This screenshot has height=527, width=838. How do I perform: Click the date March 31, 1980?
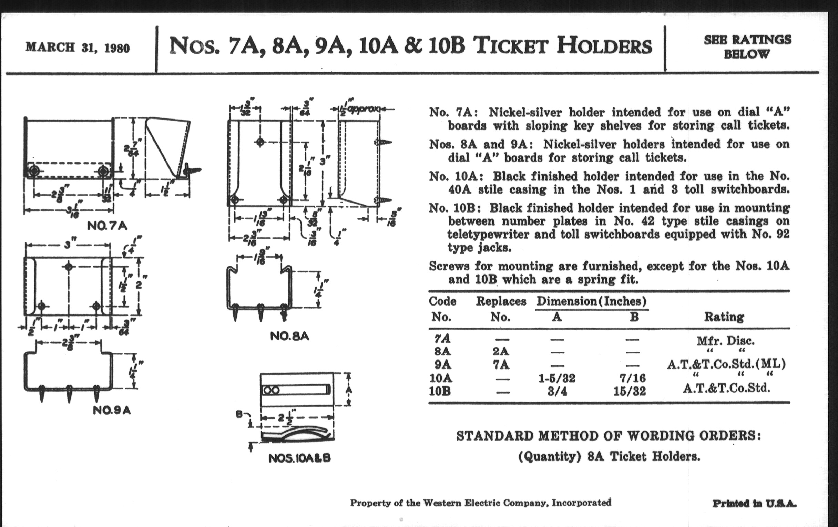click(x=78, y=48)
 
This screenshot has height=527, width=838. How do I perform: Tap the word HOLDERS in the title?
click(x=604, y=46)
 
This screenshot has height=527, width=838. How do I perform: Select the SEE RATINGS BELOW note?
click(x=747, y=47)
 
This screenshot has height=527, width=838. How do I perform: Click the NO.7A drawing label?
click(x=107, y=226)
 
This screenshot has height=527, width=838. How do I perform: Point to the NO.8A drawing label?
click(x=289, y=336)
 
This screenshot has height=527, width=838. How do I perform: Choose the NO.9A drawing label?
click(x=112, y=411)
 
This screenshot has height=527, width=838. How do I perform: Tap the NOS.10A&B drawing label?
click(x=299, y=458)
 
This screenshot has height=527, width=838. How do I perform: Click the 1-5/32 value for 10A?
click(x=557, y=378)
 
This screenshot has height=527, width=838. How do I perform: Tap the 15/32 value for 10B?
click(x=630, y=391)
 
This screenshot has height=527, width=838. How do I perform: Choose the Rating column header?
click(x=724, y=317)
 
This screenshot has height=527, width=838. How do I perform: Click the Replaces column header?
click(x=501, y=301)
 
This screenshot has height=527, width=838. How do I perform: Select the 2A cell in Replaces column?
click(x=500, y=351)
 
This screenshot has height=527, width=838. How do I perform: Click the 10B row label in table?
click(x=440, y=391)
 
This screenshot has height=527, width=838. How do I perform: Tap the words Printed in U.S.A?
click(x=754, y=503)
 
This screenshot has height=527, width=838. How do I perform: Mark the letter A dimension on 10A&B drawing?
click(x=349, y=390)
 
